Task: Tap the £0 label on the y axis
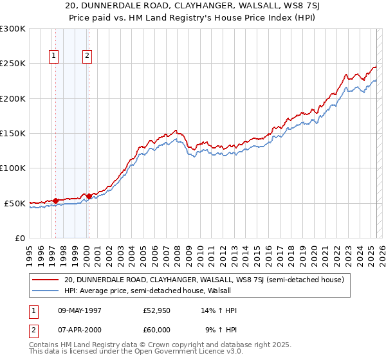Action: [19, 238]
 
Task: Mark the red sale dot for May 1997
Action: [56, 201]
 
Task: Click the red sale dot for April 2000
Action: [89, 196]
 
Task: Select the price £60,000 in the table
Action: [156, 329]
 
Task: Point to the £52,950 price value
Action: [156, 310]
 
